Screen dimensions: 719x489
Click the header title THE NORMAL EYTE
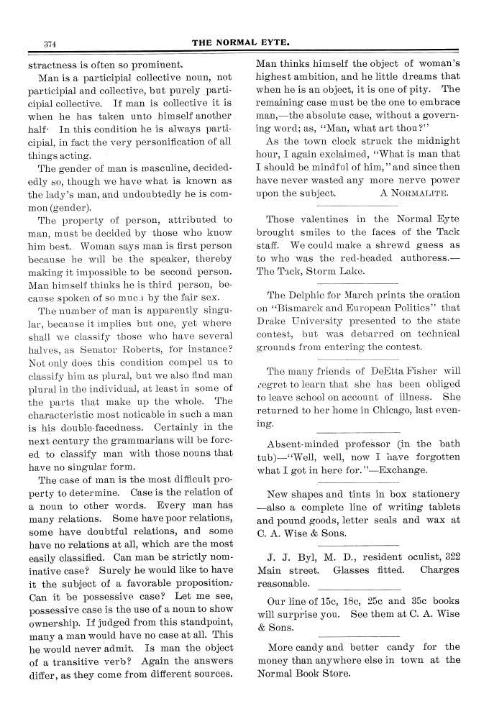[244, 42]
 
